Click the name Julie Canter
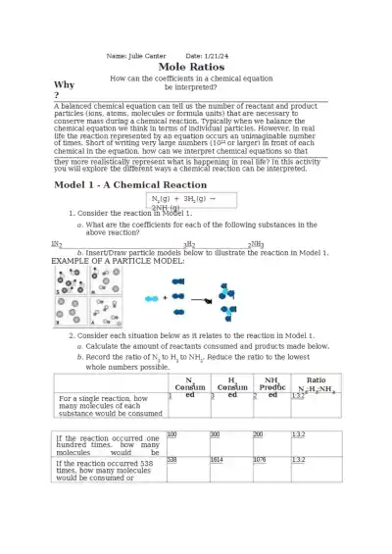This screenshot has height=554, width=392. coord(143,55)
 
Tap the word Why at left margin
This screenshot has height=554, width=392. coord(63,85)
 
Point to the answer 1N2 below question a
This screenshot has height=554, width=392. coord(57,245)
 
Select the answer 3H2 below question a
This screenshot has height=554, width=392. coord(189,245)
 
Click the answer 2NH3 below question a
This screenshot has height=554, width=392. coord(256,245)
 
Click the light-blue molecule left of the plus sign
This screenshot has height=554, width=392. coord(151,297)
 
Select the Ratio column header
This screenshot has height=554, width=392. coord(316,383)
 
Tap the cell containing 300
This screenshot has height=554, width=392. coord(229,441)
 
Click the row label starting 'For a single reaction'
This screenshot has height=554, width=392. coord(109,406)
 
